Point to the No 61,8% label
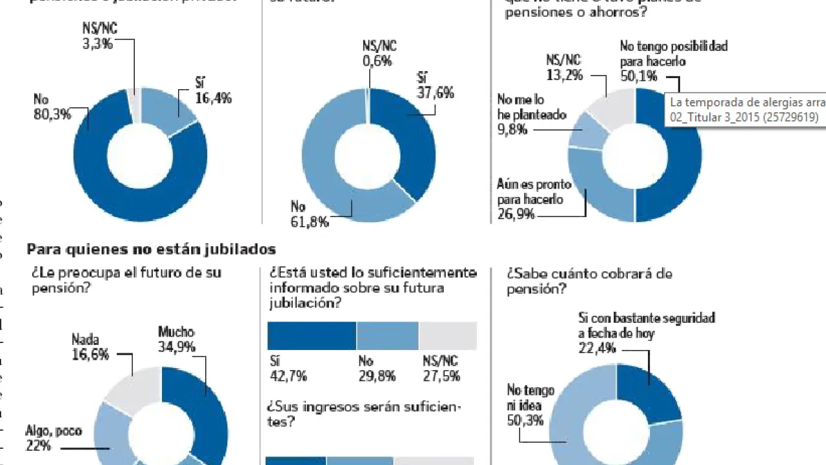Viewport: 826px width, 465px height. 310,214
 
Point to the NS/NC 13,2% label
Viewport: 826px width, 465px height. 564,68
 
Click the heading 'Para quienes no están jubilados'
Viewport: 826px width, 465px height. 151,249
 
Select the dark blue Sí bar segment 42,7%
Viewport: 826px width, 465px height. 312,336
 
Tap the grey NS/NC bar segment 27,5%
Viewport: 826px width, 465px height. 447,336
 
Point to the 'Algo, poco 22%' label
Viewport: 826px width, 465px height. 54,438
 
